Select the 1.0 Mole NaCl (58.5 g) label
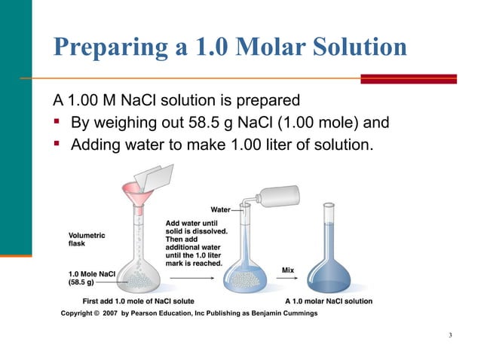pos(91,278)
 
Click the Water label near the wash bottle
pos(220,209)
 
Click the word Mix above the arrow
pos(288,270)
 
